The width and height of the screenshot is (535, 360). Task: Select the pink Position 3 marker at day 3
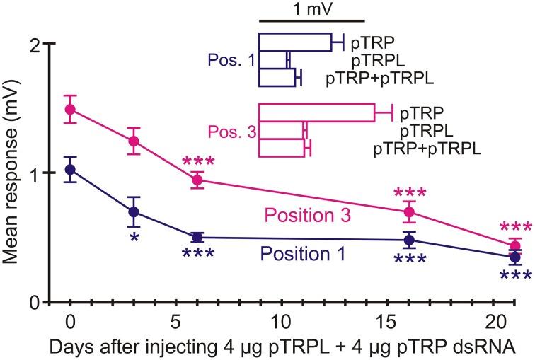click(133, 141)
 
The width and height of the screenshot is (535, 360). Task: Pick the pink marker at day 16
click(408, 211)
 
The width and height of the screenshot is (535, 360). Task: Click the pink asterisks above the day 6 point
click(197, 162)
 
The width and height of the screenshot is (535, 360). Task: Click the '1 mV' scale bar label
click(312, 9)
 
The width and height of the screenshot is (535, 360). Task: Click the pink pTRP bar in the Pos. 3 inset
click(316, 112)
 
